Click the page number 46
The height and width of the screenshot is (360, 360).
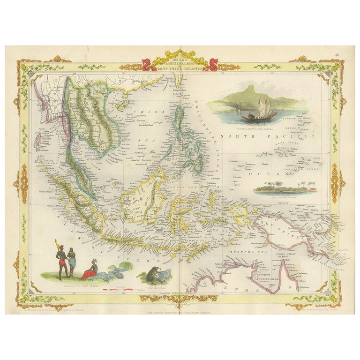point(337,55)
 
